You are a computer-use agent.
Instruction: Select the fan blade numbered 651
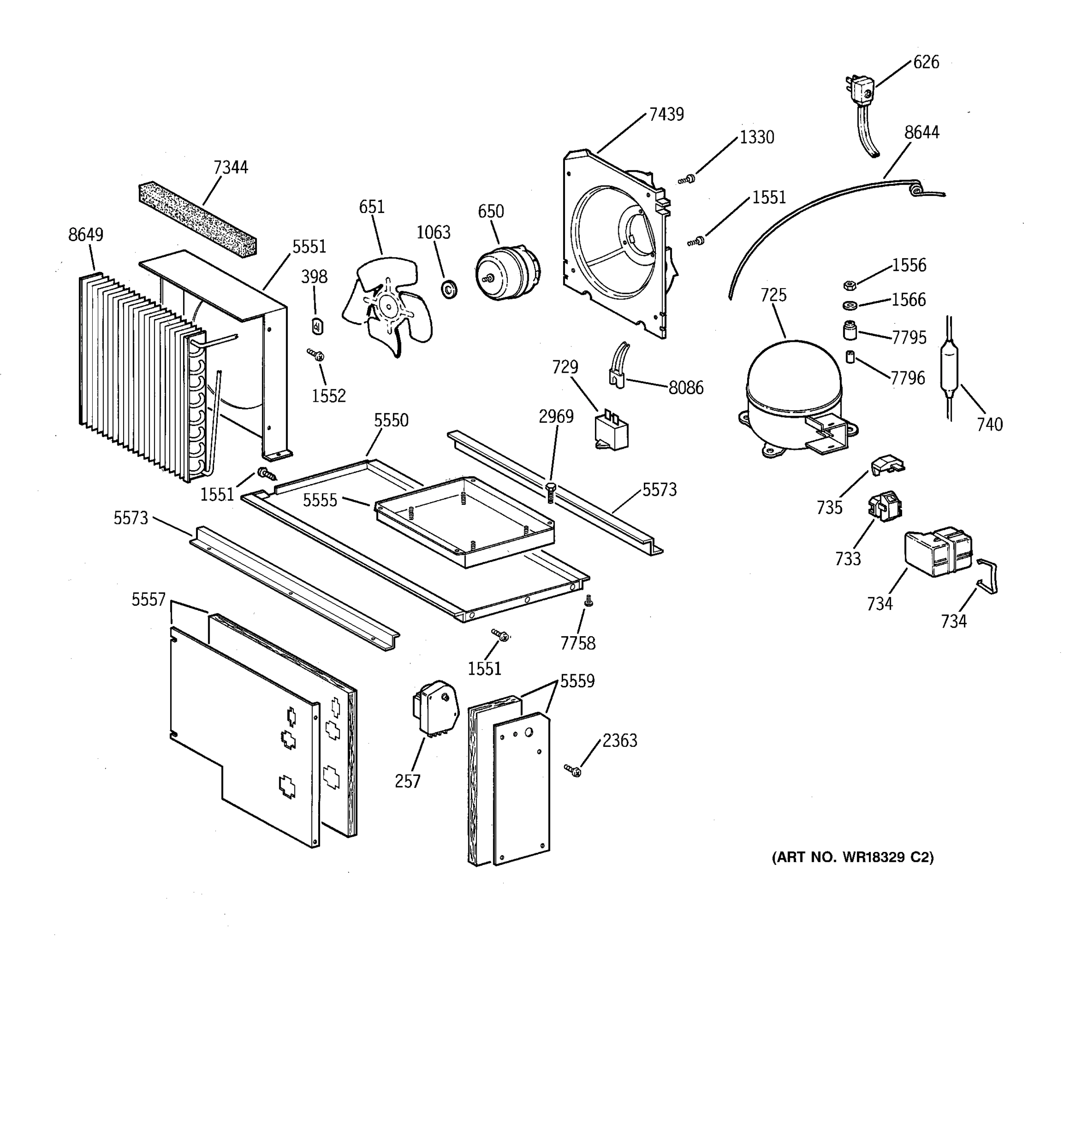tap(388, 307)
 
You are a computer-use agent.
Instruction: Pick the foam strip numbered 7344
tap(197, 219)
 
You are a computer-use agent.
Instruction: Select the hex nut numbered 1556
tap(850, 285)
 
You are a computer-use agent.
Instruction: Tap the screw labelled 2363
tap(572, 770)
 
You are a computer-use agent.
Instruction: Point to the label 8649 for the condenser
tap(86, 234)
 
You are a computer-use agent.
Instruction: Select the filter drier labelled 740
tap(950, 367)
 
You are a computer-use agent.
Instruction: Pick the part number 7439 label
tap(666, 114)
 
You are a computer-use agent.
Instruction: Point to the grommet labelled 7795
tap(849, 331)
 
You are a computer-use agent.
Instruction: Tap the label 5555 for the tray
tap(320, 500)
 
